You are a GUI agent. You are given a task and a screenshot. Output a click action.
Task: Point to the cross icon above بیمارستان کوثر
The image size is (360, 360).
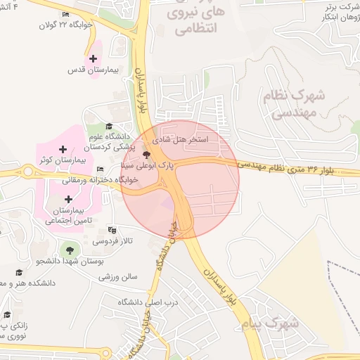coord(63,149)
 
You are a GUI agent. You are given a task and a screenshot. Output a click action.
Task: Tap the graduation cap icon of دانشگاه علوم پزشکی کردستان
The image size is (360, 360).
coord(108,125)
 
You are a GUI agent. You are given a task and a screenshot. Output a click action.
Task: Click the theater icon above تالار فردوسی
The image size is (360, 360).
coord(112,230)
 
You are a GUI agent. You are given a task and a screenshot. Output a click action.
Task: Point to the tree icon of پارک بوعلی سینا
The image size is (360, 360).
coord(146,154)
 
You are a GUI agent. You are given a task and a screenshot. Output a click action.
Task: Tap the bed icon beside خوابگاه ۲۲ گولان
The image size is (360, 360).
coord(65,15)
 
